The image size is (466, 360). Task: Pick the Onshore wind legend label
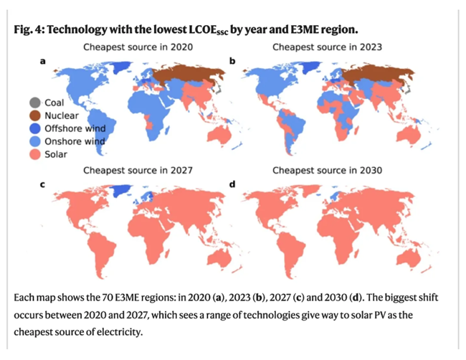(75, 141)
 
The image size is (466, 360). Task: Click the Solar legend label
(57, 154)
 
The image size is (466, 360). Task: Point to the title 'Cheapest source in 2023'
(325, 47)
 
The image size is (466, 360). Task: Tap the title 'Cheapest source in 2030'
(325, 171)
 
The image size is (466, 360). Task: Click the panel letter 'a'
(42, 62)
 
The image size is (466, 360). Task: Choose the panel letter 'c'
(42, 185)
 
